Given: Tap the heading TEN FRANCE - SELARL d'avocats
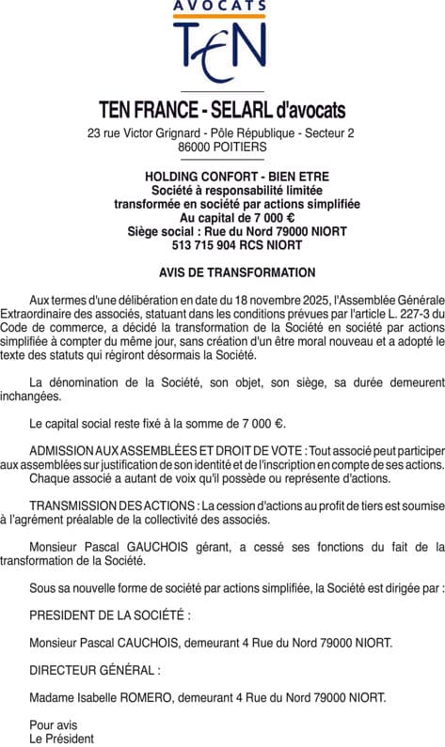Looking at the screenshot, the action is tap(222, 110).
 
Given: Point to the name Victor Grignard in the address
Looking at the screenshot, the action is tap(157, 132).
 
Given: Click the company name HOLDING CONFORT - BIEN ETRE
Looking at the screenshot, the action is tap(223, 177).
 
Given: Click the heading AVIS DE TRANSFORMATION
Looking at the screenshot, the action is tap(223, 272).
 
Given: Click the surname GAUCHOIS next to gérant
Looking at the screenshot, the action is tap(180, 546).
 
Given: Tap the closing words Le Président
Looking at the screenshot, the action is tap(61, 739).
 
